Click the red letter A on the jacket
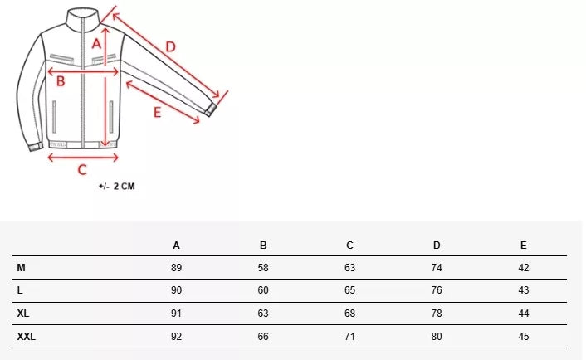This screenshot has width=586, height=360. coord(97,44)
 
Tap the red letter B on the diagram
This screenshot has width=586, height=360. coord(61,81)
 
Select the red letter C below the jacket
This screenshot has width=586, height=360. coord(82,170)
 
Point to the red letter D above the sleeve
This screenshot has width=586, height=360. coord(170,47)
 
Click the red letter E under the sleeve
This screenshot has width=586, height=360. coord(158,113)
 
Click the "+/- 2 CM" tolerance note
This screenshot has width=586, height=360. coord(116,187)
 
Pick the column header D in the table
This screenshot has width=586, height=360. coord(437,246)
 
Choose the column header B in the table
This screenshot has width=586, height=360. coord(263,246)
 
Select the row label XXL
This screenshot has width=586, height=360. coord(27,337)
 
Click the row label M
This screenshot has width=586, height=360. coord(21,268)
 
